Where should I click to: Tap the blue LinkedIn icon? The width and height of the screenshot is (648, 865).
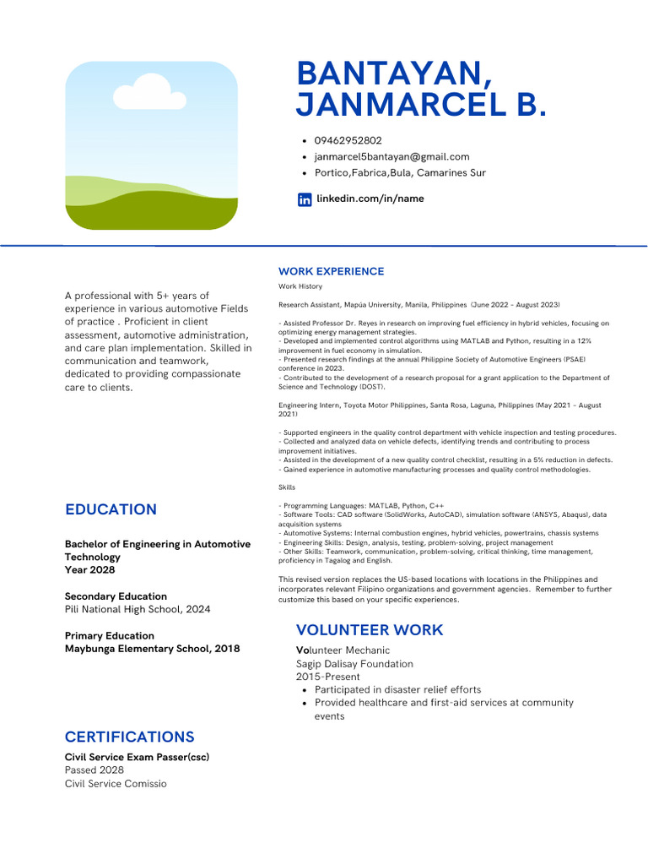pyautogui.click(x=305, y=199)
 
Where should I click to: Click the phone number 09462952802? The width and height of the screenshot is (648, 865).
pyautogui.click(x=348, y=140)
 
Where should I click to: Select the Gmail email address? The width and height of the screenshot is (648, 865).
pyautogui.click(x=391, y=156)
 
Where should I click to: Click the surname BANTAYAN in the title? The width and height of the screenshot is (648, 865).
pyautogui.click(x=395, y=73)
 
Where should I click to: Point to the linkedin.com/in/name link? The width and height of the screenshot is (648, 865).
pyautogui.click(x=370, y=199)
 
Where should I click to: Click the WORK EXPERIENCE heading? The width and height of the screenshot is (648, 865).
pyautogui.click(x=331, y=271)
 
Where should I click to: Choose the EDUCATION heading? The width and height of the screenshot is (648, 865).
pyautogui.click(x=111, y=509)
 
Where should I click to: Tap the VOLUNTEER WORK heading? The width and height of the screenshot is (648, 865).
pyautogui.click(x=369, y=630)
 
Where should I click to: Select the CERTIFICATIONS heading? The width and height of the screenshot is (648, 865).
pyautogui.click(x=129, y=737)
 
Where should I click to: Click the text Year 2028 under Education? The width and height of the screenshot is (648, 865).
pyautogui.click(x=89, y=570)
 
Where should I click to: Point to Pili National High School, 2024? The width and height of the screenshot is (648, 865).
pyautogui.click(x=138, y=609)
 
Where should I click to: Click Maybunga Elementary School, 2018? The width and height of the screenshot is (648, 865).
pyautogui.click(x=152, y=649)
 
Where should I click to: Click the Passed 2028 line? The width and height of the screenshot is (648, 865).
pyautogui.click(x=94, y=770)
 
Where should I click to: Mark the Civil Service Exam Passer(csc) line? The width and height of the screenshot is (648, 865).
pyautogui.click(x=137, y=757)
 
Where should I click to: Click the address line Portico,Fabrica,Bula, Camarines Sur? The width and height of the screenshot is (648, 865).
pyautogui.click(x=400, y=172)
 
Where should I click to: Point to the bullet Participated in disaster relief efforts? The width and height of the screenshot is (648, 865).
pyautogui.click(x=397, y=689)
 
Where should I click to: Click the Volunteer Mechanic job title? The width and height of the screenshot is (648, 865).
pyautogui.click(x=343, y=650)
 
